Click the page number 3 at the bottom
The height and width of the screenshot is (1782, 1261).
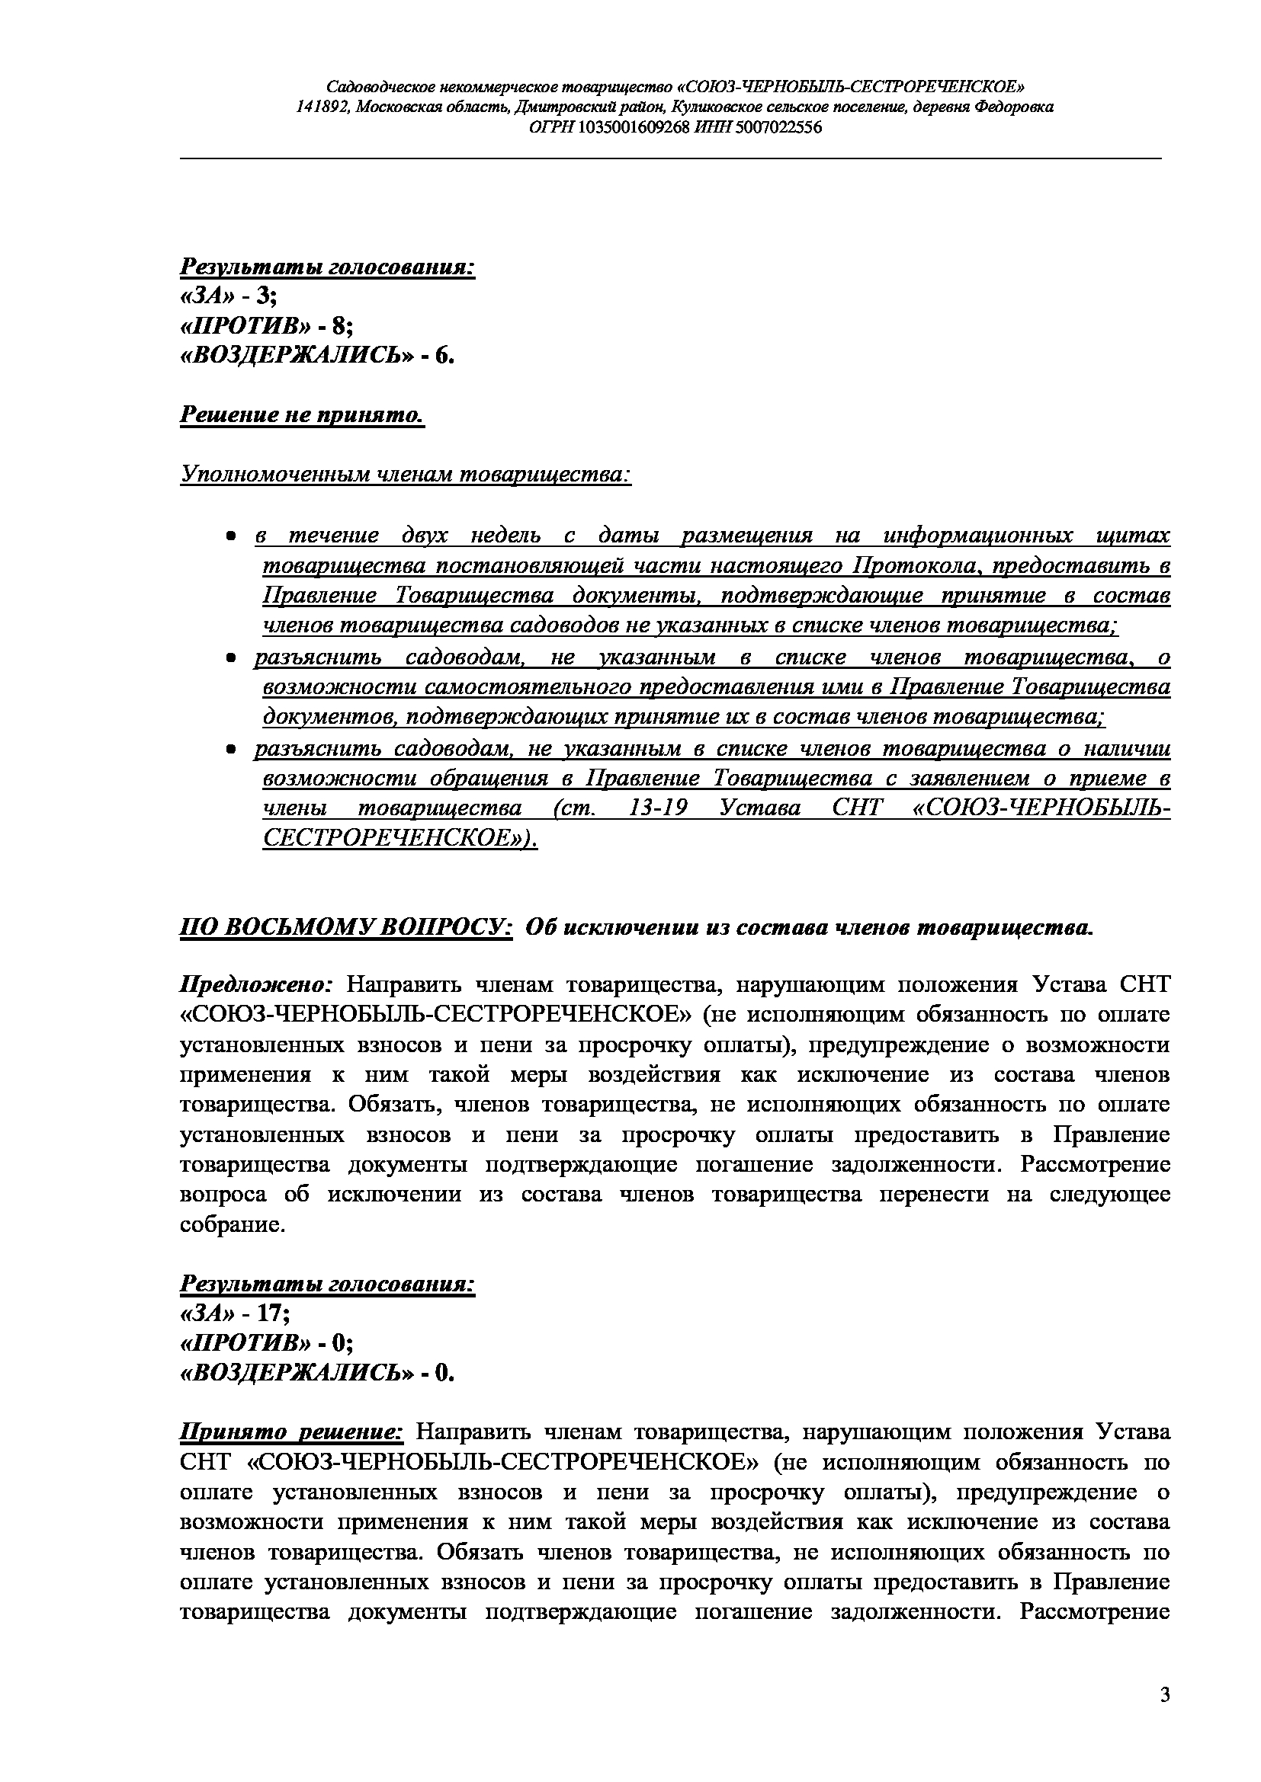pyautogui.click(x=1164, y=1694)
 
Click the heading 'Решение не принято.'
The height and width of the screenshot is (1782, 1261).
pyautogui.click(x=302, y=415)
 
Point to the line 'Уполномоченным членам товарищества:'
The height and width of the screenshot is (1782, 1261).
pyautogui.click(x=406, y=473)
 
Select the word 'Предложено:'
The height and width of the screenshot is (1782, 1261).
pyautogui.click(x=256, y=985)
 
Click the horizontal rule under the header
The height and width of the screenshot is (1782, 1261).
pyautogui.click(x=671, y=158)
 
